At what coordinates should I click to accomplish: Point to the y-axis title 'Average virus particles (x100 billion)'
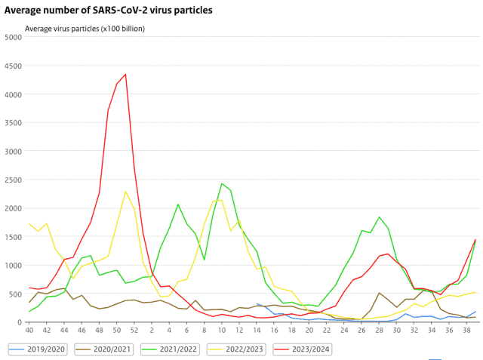click(85, 29)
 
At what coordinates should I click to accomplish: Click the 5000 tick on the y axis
click(12, 37)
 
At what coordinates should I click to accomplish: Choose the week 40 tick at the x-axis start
click(29, 330)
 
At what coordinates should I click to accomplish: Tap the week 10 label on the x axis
click(221, 330)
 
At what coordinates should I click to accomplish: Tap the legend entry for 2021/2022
click(177, 349)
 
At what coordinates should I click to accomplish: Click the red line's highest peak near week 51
click(125, 74)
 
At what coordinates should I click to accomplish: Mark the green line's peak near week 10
click(222, 183)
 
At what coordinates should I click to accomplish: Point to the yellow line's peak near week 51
click(125, 191)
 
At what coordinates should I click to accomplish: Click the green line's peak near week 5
click(178, 204)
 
